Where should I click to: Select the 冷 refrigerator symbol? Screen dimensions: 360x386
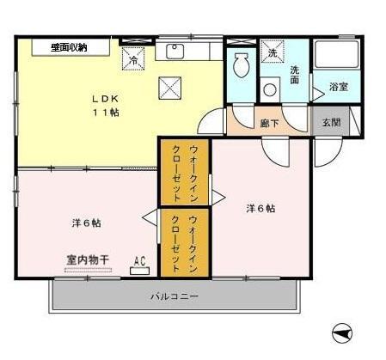coord(133,59)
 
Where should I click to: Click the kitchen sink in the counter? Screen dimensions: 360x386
coord(176,51)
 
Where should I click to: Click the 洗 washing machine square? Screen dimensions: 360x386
coord(273,52)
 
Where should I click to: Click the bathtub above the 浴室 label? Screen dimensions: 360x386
coord(336,56)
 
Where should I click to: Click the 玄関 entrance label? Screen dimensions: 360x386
coord(331,122)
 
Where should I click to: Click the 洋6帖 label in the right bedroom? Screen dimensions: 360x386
coord(260,208)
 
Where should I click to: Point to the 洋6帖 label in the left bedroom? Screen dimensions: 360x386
coord(86,223)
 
